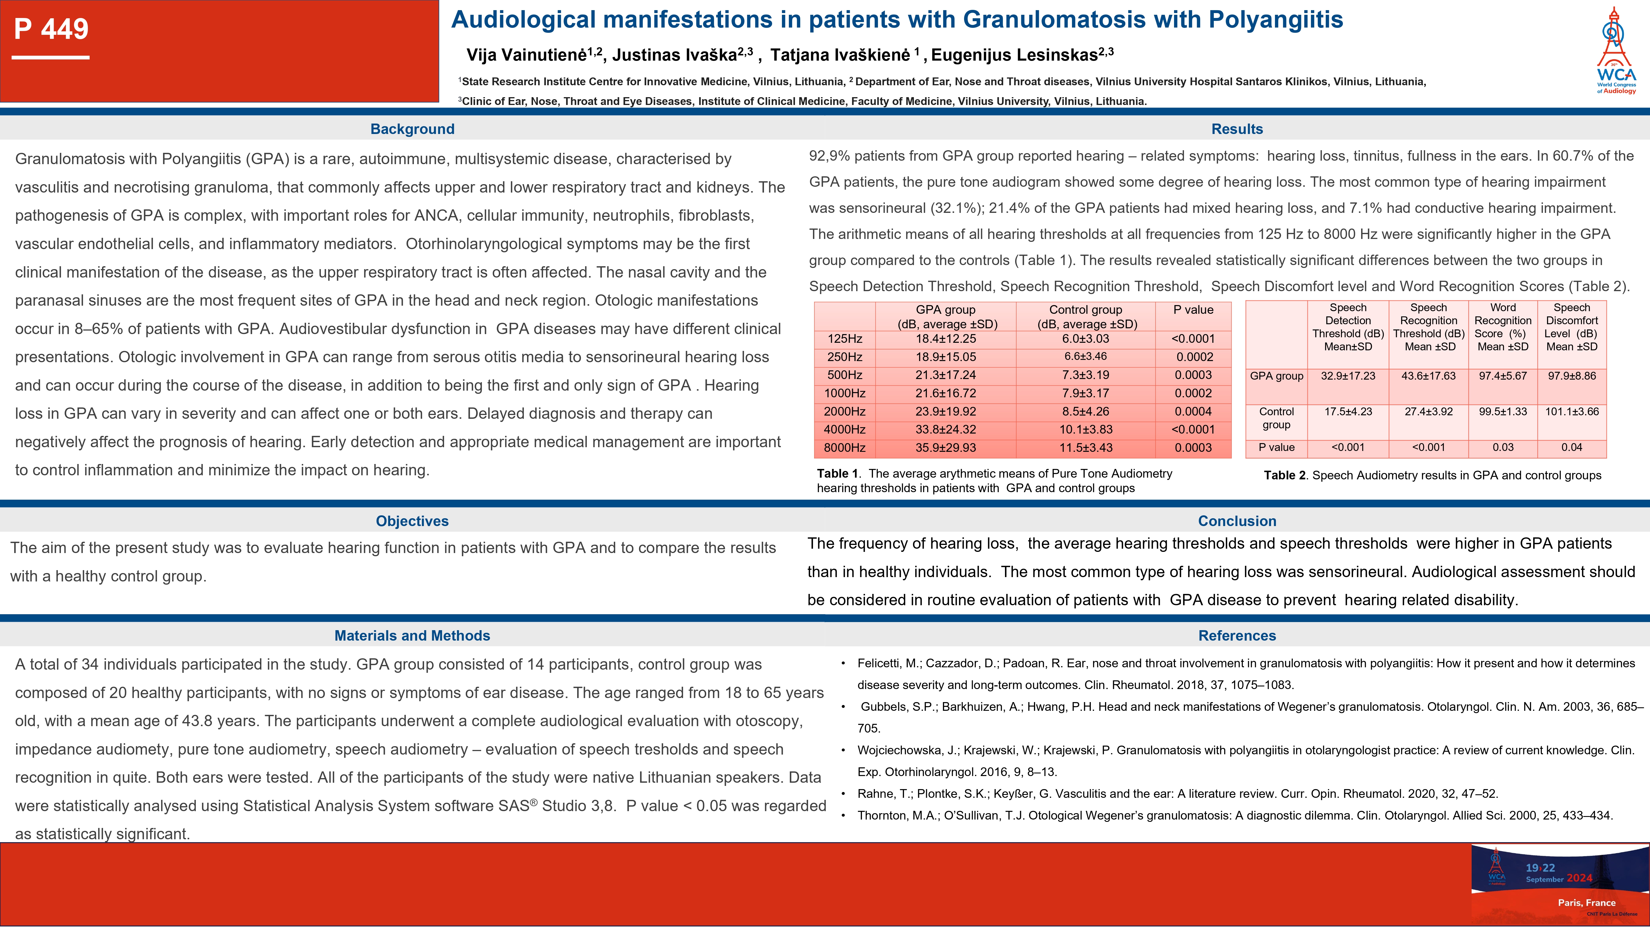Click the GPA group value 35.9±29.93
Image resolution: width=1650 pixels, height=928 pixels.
tap(946, 448)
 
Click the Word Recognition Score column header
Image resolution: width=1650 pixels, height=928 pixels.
tap(1503, 327)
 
